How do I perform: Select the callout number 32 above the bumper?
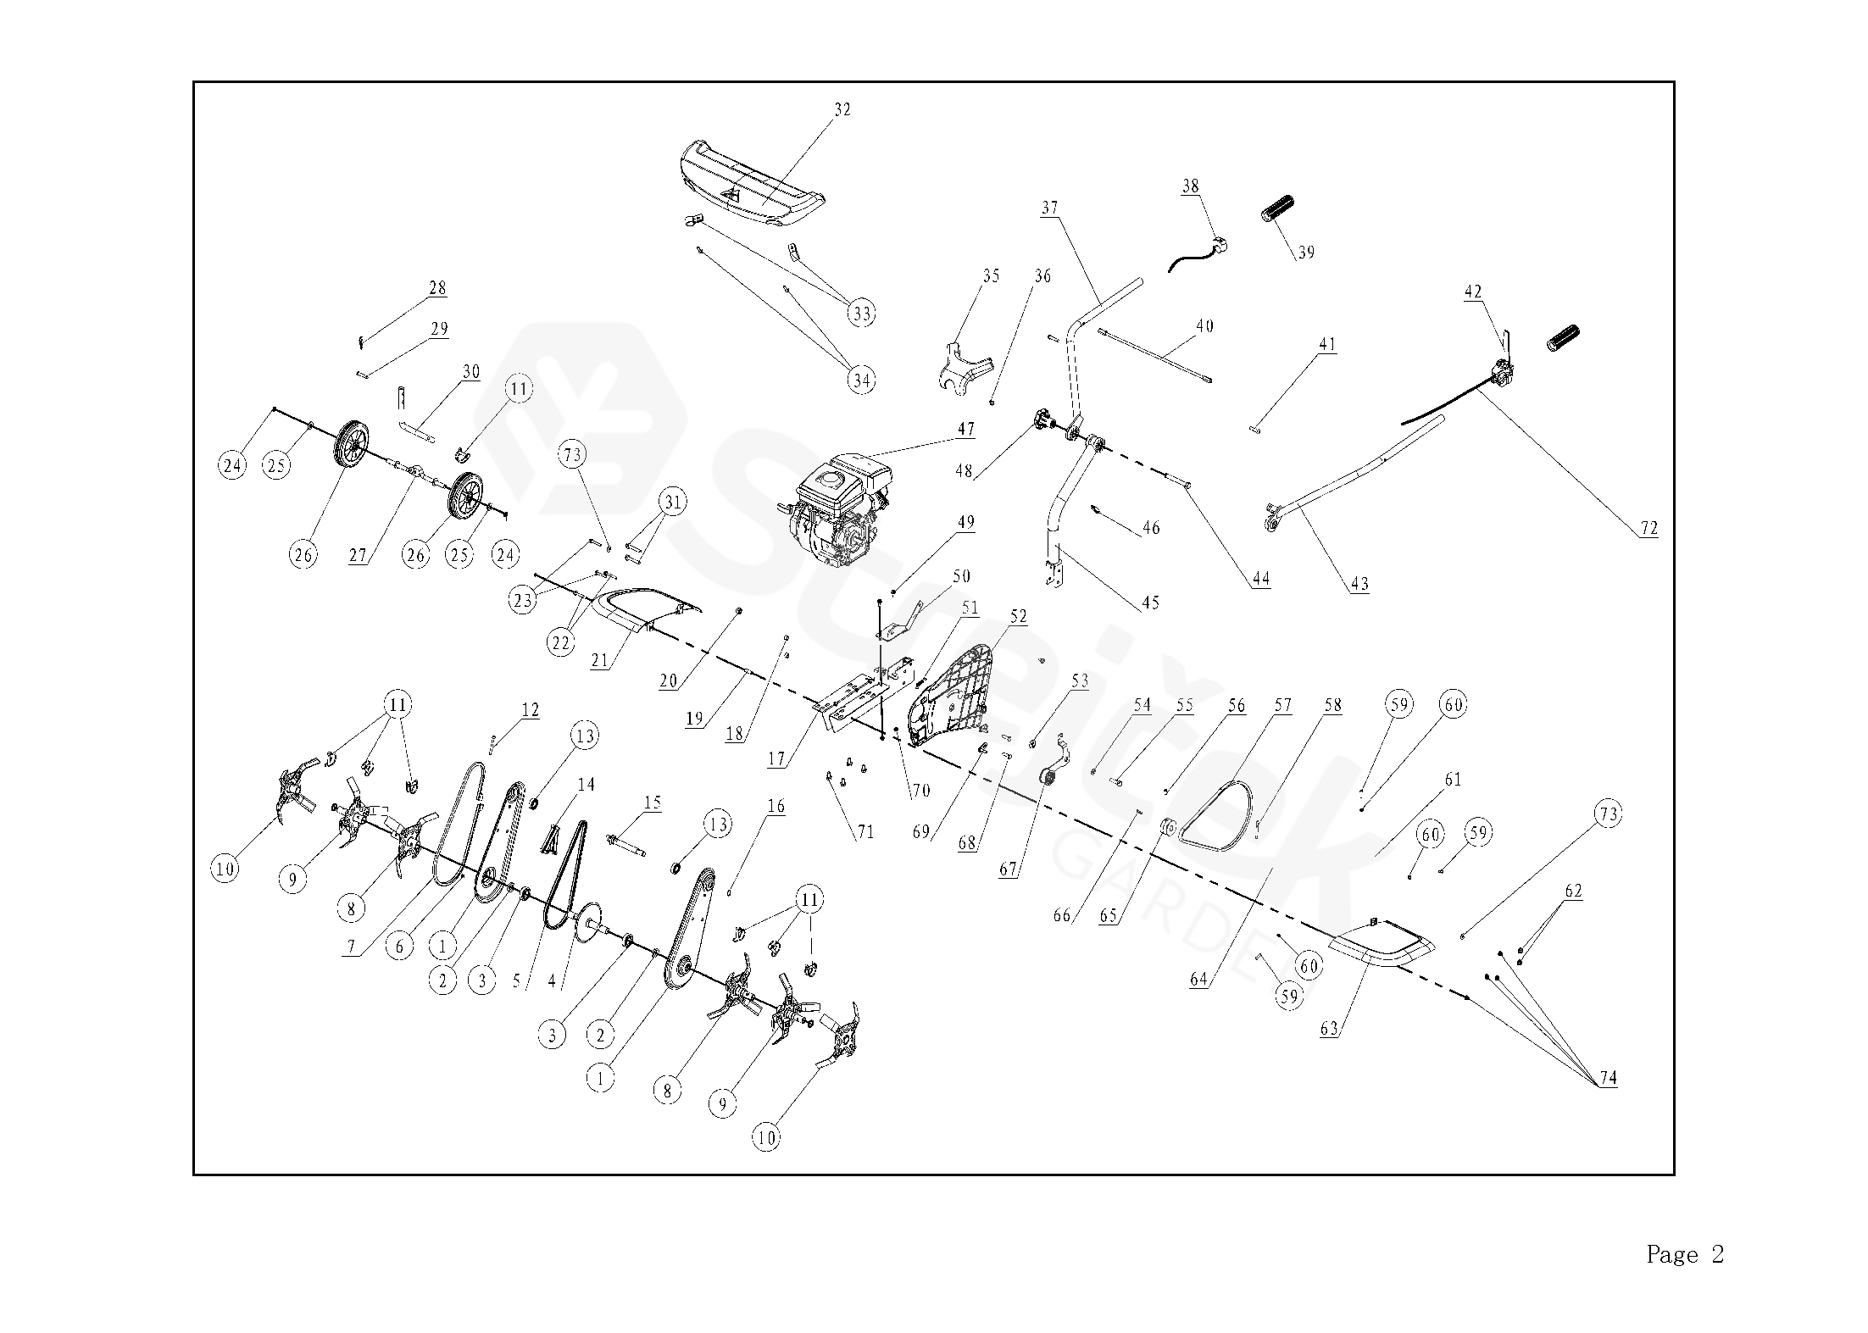click(x=842, y=109)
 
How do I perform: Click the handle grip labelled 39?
click(x=1280, y=208)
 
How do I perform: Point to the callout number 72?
click(x=1648, y=528)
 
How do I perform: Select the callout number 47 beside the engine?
click(x=965, y=429)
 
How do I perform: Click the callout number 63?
click(x=1329, y=1029)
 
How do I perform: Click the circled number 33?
click(x=861, y=314)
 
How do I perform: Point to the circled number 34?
click(x=861, y=380)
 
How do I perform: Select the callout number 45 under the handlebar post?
click(x=1150, y=603)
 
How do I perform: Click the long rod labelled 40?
click(x=1157, y=357)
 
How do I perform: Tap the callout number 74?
click(x=1608, y=1078)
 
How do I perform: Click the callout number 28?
click(x=437, y=288)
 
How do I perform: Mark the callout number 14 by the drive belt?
click(x=587, y=785)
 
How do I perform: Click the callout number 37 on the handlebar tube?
click(x=1050, y=208)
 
